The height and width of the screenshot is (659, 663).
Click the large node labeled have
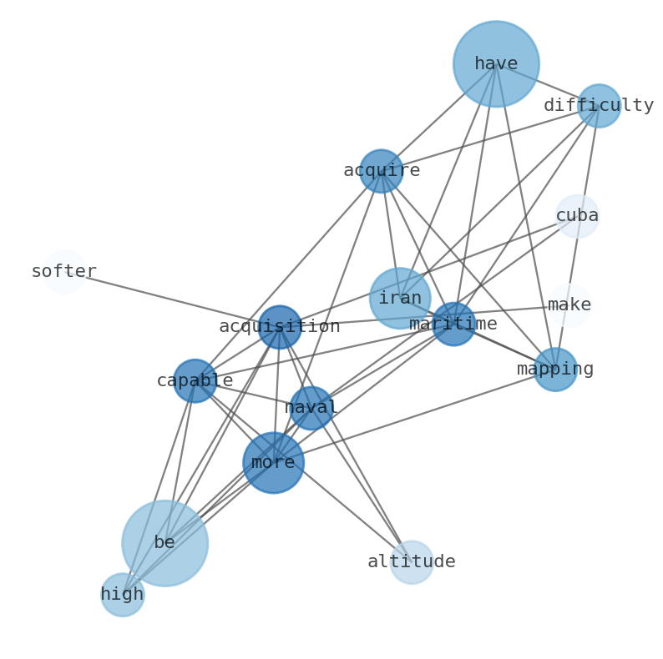(496, 64)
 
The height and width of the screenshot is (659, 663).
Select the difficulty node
(599, 106)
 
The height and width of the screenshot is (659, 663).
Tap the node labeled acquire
(382, 171)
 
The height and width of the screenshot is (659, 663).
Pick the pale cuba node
(577, 216)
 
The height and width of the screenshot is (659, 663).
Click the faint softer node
(64, 272)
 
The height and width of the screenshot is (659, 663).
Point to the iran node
(400, 299)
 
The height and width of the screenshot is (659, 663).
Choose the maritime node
(453, 324)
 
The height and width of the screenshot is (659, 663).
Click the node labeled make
(569, 305)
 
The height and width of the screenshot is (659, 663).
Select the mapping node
(555, 370)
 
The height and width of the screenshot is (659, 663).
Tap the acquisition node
(280, 327)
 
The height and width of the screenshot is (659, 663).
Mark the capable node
(195, 381)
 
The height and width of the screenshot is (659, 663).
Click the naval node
(311, 408)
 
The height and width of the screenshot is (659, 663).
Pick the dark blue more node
(273, 463)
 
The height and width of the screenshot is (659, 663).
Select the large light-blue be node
(164, 543)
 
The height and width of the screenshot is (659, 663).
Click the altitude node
(412, 562)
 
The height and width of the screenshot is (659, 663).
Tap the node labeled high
(123, 595)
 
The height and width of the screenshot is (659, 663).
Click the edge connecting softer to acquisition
(172, 299)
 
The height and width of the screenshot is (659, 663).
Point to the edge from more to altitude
(342, 512)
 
